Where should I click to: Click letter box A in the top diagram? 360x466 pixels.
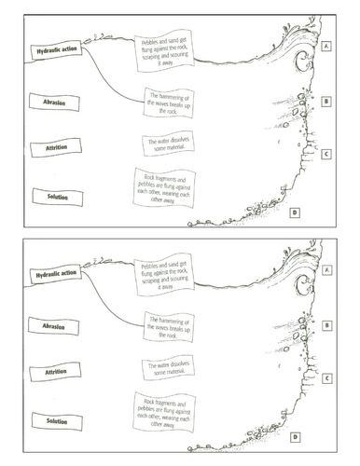pyautogui.click(x=327, y=45)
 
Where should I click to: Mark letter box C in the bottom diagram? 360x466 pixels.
pyautogui.click(x=327, y=378)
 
